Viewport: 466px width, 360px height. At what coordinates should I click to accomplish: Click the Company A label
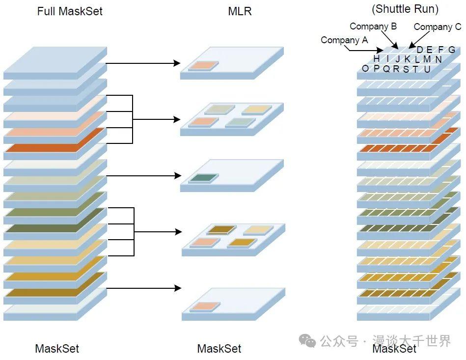(x=344, y=40)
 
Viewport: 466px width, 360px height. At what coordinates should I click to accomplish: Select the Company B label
(x=373, y=27)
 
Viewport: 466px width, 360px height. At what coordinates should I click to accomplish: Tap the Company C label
(x=438, y=27)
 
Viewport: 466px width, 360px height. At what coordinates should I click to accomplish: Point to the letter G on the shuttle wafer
(x=451, y=50)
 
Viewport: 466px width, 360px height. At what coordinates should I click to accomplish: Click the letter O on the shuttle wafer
(x=365, y=69)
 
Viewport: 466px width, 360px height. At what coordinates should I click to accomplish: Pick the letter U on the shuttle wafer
(x=427, y=69)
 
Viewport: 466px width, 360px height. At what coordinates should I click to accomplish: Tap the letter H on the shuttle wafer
(x=377, y=59)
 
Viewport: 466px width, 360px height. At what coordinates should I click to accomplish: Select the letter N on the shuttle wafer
(x=438, y=59)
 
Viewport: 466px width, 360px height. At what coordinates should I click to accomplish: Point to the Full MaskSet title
(x=70, y=11)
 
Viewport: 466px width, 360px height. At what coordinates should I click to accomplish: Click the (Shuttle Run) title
(x=405, y=9)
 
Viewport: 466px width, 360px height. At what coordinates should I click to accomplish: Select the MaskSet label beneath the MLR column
(x=219, y=349)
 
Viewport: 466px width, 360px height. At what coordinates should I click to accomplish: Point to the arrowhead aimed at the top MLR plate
(x=177, y=63)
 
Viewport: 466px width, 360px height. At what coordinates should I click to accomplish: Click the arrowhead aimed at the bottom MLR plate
(x=177, y=288)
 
